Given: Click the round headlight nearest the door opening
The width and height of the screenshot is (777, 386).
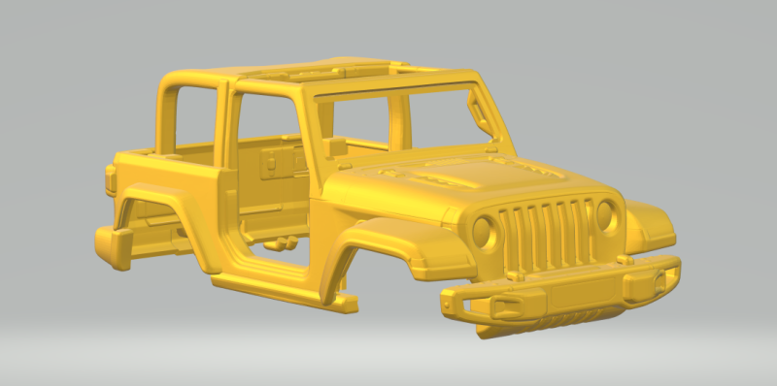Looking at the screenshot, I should [484, 231].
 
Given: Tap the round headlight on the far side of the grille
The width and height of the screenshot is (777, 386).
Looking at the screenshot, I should [606, 214].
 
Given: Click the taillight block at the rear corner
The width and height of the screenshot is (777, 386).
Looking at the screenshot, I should [111, 178].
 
